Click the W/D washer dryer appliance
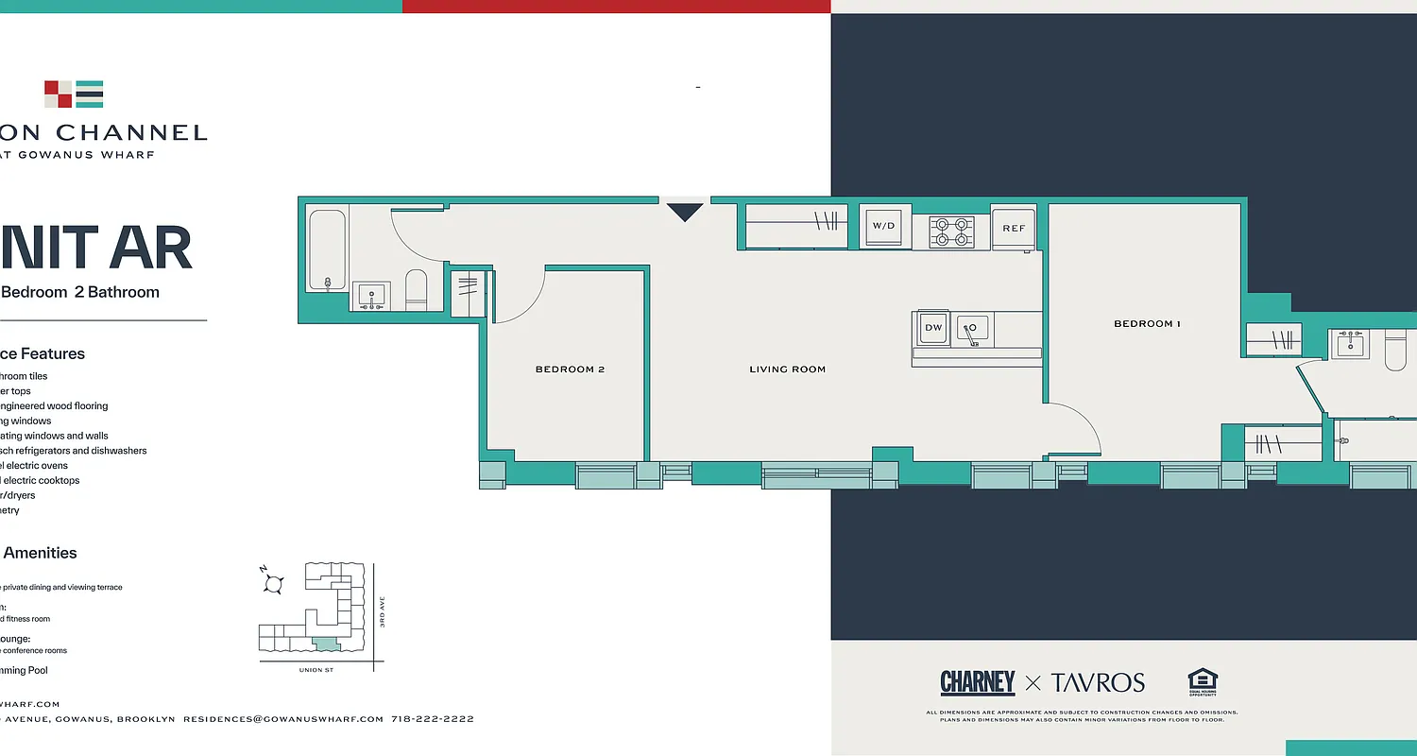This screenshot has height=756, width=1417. pos(884,227)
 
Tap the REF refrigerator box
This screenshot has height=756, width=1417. pos(1014,229)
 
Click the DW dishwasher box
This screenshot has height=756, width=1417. pos(932,328)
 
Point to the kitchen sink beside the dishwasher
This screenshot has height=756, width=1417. pos(972,329)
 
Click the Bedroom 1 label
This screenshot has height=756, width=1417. pos(1147,324)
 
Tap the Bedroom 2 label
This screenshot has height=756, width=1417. pos(570,369)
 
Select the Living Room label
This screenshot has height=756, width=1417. pos(787,369)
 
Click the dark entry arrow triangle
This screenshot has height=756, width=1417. pos(685,213)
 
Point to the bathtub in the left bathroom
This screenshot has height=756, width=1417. pos(328,250)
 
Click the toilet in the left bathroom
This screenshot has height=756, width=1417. pos(416,289)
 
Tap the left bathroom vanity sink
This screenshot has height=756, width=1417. pos(372,296)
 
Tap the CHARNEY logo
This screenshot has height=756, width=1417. pos(977,682)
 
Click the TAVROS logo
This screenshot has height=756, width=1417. pos(1098,682)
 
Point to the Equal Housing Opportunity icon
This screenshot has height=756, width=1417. pos(1202,682)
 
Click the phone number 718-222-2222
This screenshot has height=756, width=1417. pos(432,719)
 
